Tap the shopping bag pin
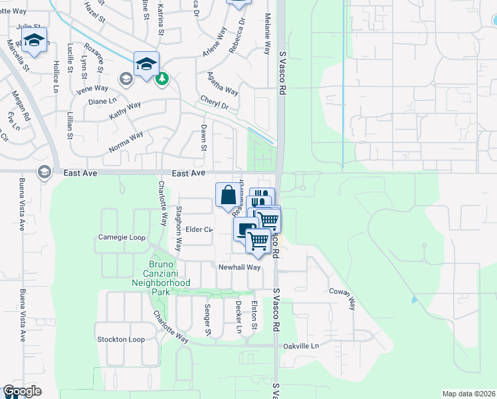click(x=228, y=195)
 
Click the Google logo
click(x=22, y=391)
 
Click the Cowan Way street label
click(x=343, y=299)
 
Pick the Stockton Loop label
click(x=120, y=339)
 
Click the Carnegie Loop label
click(x=121, y=237)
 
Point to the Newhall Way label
click(x=239, y=267)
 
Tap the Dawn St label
click(x=204, y=138)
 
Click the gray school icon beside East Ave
click(x=45, y=172)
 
